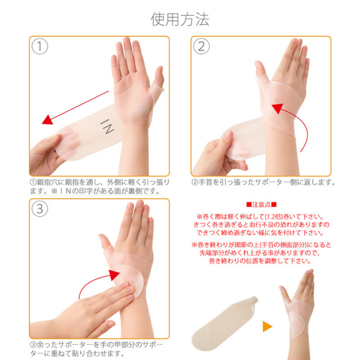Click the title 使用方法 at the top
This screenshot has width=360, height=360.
180,19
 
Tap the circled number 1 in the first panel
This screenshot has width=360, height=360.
40,46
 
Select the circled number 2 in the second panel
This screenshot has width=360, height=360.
201,46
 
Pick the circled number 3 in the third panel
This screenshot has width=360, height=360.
40,209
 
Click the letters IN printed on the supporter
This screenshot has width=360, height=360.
107,127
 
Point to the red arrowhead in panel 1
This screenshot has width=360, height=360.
48,120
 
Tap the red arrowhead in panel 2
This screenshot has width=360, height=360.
277,109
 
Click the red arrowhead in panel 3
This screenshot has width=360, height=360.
114,275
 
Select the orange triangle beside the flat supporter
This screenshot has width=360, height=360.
267,326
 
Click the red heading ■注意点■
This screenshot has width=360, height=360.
261,204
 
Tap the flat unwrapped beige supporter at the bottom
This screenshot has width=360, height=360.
225,323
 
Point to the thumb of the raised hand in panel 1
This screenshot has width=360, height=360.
157,81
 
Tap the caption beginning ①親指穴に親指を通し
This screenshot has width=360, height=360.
100,186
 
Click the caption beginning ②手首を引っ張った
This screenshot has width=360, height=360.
263,182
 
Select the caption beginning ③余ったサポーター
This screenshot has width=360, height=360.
96,349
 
